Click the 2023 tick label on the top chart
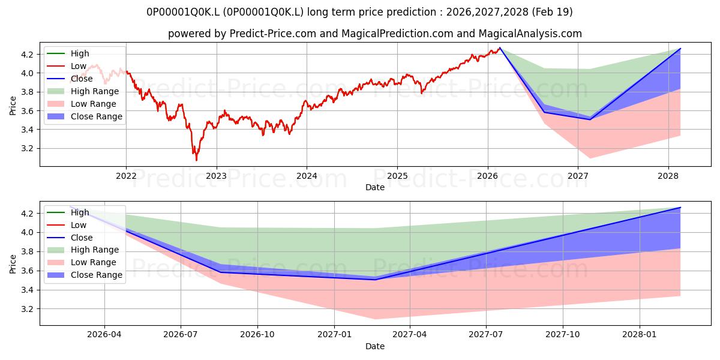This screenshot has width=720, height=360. pos(217,176)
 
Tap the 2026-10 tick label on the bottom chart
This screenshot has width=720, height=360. pos(257,335)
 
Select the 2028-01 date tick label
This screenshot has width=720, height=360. pos(640,335)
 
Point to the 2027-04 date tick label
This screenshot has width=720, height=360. pos(410,335)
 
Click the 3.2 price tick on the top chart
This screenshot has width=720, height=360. pos(28,149)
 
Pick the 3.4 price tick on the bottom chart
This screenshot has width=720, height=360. pos(28,290)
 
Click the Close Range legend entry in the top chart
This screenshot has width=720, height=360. pos(85,116)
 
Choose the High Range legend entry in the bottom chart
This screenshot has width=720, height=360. pos(83,250)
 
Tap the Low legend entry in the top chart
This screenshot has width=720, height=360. pos(67,66)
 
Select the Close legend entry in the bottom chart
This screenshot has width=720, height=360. pos(70,238)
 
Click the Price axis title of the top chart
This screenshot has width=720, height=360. pos(13,106)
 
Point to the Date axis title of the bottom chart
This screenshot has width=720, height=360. pos(375,346)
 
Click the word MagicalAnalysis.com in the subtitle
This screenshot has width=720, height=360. pos(530,34)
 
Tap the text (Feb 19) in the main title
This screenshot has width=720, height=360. pos(552,12)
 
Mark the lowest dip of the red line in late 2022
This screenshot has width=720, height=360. pos(196,160)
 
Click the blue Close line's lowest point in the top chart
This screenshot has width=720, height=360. pos(590,119)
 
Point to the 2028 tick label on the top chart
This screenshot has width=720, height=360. pos(668,176)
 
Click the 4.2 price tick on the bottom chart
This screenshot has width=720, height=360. pos(28,214)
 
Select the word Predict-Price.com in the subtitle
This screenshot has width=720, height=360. pos(273,34)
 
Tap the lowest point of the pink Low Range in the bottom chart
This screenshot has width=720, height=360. pos(375,319)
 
